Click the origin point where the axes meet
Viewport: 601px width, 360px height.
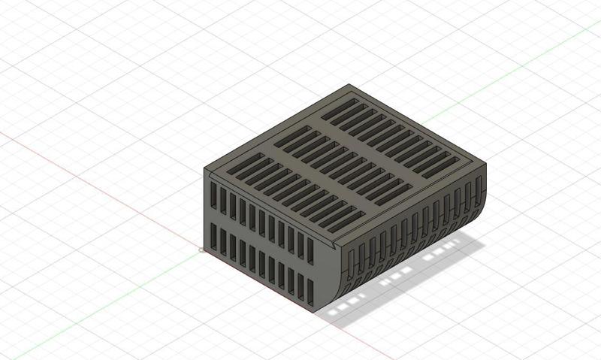[201, 250]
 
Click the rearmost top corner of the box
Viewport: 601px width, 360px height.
[349, 85]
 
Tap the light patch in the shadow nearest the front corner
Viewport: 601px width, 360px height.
[343, 305]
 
